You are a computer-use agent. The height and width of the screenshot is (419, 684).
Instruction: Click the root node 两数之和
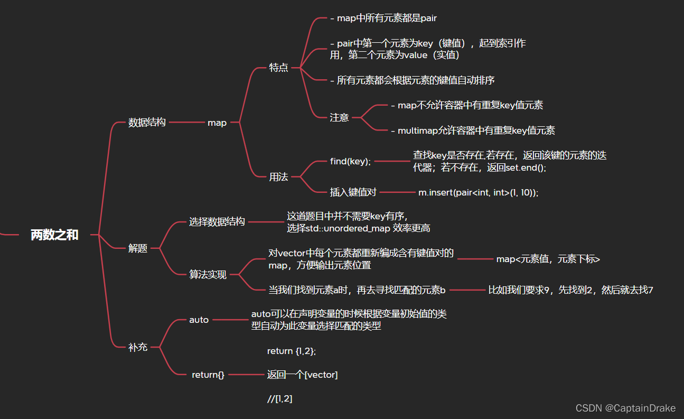click(x=54, y=235)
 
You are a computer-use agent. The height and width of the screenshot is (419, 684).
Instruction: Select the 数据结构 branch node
click(x=147, y=123)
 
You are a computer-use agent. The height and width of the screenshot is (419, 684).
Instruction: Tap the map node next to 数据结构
click(x=217, y=123)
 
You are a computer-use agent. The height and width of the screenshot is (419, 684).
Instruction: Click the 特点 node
click(x=279, y=68)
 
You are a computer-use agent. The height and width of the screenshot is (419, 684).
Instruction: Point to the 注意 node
click(x=340, y=117)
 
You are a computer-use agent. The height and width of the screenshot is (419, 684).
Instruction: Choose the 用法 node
click(x=279, y=177)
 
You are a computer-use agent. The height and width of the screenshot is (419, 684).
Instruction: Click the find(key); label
click(x=351, y=162)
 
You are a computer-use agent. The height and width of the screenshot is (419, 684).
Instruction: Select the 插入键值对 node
click(x=353, y=192)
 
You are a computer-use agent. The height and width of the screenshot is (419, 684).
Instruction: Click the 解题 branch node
click(x=138, y=248)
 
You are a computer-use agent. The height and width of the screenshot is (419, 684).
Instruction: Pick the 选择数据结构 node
click(x=217, y=222)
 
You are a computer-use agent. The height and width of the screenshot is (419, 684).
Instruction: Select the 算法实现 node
click(x=208, y=275)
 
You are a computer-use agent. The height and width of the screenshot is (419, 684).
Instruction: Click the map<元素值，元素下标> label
click(x=548, y=259)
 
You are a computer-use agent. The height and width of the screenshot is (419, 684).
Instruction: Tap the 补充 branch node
click(x=138, y=348)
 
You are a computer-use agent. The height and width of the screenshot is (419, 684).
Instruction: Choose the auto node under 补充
click(x=199, y=320)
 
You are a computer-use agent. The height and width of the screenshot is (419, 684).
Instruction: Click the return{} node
click(x=208, y=375)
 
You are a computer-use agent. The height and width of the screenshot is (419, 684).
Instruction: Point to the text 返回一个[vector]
click(x=303, y=375)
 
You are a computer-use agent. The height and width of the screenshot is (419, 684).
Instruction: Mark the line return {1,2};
click(x=292, y=351)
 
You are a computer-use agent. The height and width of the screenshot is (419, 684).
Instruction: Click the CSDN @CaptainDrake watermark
click(x=625, y=408)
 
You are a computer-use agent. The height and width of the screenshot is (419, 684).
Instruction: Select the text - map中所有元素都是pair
click(x=383, y=18)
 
